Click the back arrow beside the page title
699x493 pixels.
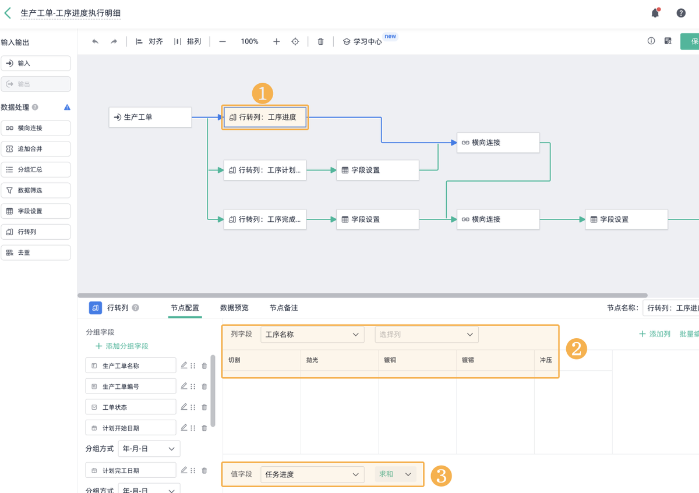click(x=8, y=13)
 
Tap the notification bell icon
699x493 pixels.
click(x=655, y=13)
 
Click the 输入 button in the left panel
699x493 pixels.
click(x=36, y=63)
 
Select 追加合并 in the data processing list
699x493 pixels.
click(x=36, y=149)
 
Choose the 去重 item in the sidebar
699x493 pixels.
click(x=36, y=253)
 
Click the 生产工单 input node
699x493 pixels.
click(x=150, y=117)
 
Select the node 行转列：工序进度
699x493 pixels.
click(x=265, y=117)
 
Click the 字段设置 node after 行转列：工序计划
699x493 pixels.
click(x=377, y=170)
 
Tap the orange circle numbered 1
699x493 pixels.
click(x=262, y=93)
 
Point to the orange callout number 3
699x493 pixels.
click(x=441, y=476)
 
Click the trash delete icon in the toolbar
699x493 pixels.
click(x=320, y=42)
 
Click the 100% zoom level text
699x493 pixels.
click(x=249, y=42)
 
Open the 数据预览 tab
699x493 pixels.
click(x=234, y=308)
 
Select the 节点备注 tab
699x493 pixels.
click(x=284, y=308)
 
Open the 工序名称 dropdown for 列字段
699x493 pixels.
click(x=312, y=335)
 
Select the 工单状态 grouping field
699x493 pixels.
click(x=130, y=407)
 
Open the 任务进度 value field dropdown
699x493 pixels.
click(x=312, y=474)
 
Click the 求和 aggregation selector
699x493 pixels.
click(x=396, y=474)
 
